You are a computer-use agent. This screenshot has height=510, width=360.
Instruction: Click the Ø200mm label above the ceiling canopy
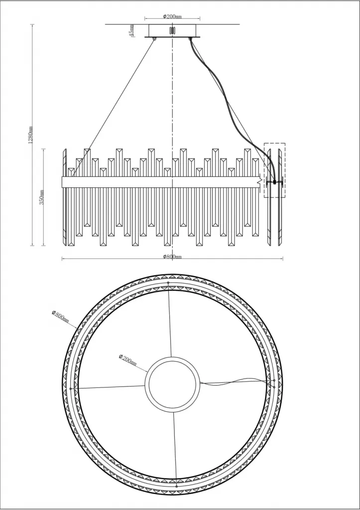click(x=172, y=16)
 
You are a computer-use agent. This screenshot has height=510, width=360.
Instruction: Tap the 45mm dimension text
click(x=131, y=30)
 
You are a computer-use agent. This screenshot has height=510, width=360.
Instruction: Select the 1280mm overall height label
click(x=30, y=134)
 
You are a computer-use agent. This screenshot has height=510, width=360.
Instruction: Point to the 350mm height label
click(x=42, y=197)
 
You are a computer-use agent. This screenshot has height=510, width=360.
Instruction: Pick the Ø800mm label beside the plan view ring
click(x=60, y=316)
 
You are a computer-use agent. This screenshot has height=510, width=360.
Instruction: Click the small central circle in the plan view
click(x=172, y=383)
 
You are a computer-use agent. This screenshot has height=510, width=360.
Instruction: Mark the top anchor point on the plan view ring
click(x=168, y=283)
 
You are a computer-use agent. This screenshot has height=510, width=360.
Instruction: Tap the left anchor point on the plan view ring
click(x=71, y=388)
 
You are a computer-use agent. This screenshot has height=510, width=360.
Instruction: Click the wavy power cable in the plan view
click(x=234, y=381)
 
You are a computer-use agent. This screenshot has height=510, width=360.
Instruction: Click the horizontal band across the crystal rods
click(x=159, y=181)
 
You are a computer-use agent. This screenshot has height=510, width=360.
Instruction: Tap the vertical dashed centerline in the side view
click(x=172, y=100)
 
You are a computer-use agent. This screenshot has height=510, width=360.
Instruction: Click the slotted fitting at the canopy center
click(x=172, y=30)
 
